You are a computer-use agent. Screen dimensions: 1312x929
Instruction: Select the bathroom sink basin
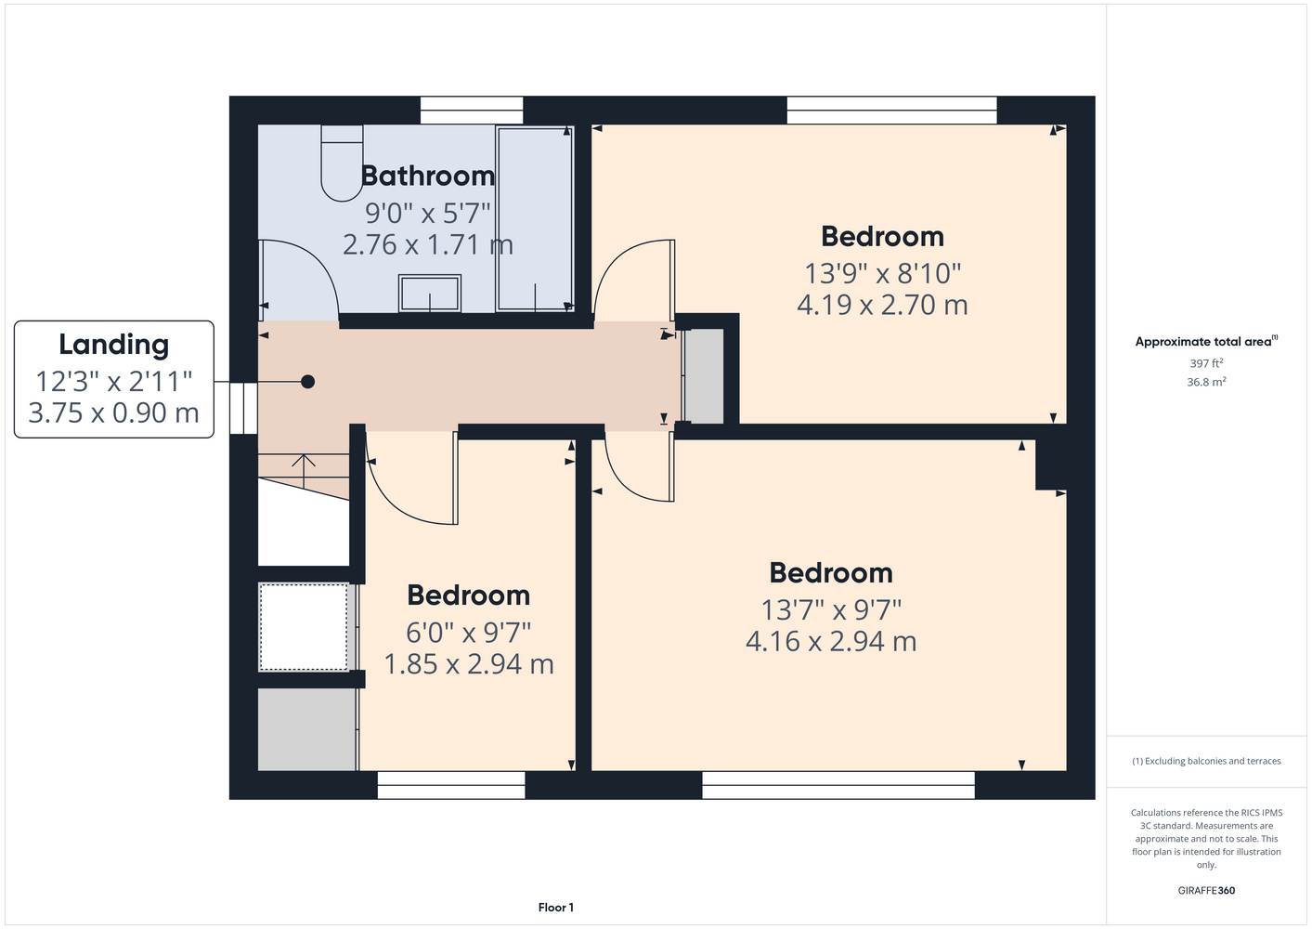(429, 293)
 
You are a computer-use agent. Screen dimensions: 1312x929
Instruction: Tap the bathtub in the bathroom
(535, 218)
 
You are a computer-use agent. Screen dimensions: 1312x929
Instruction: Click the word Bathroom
(427, 176)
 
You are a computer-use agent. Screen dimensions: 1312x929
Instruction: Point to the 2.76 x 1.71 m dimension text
(427, 244)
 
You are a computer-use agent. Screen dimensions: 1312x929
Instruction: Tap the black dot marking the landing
(307, 382)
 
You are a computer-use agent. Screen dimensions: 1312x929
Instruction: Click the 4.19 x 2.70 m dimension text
(882, 305)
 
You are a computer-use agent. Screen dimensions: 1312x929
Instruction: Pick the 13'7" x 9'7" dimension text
(830, 609)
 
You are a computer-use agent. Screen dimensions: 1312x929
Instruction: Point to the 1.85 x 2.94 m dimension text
(469, 664)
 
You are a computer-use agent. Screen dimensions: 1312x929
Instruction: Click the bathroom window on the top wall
(472, 111)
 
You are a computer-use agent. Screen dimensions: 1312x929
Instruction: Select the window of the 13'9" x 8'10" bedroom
(891, 111)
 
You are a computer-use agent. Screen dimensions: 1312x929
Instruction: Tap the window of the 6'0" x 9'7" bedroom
(451, 785)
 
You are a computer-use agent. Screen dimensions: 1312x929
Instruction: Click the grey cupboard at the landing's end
(704, 375)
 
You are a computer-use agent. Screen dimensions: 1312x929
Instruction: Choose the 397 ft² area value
(1206, 363)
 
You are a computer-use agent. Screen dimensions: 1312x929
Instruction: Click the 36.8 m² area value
(1206, 382)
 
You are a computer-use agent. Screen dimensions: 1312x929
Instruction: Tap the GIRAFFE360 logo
(1206, 890)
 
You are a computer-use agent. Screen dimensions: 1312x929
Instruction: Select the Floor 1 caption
(556, 908)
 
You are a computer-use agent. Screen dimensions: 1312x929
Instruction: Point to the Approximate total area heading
(1206, 341)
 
